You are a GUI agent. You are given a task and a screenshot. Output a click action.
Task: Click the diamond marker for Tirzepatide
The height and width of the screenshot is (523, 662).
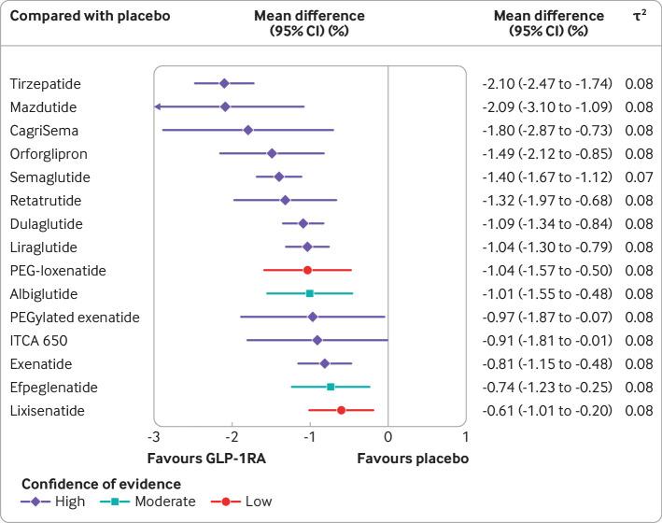224,83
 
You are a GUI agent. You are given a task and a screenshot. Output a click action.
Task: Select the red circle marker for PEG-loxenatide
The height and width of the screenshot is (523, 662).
307,270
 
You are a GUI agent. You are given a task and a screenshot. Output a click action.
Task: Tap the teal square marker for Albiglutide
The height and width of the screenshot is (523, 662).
310,293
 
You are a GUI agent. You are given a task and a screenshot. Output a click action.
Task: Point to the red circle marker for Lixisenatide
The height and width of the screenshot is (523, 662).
341,410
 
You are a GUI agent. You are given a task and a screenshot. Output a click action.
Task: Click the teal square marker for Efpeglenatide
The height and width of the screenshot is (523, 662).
331,387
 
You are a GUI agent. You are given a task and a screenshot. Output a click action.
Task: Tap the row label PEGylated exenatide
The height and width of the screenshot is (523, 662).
75,317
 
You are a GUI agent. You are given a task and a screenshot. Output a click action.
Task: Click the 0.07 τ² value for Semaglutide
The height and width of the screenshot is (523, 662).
640,177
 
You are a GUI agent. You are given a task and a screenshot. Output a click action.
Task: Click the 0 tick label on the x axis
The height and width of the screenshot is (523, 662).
387,437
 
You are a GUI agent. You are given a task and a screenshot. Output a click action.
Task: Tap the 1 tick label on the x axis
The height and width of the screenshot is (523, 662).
465,437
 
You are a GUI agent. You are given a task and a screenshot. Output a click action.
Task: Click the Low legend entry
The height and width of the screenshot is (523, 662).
259,502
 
